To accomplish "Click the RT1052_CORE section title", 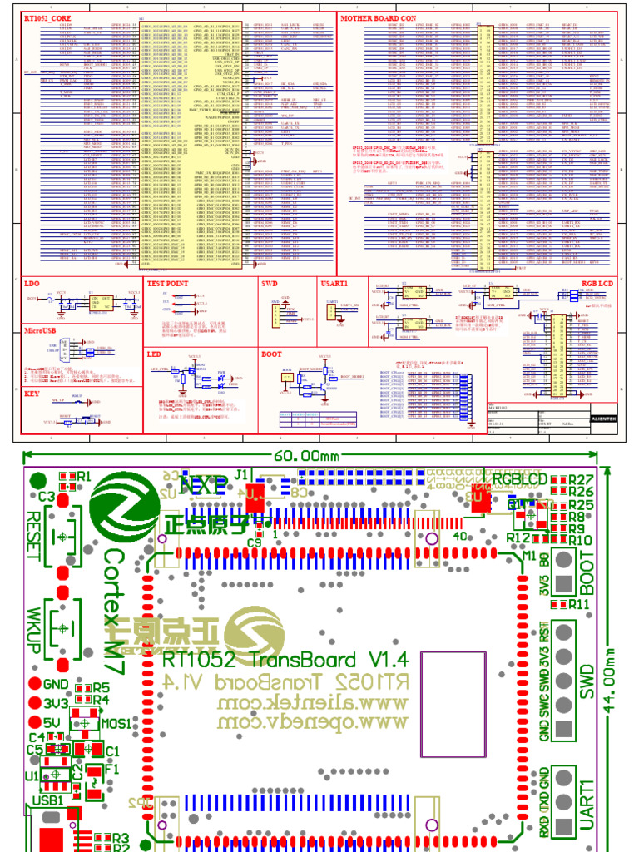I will [47, 17].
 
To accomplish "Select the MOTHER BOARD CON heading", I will [379, 17].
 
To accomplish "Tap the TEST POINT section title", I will [168, 283].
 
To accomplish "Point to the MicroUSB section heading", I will [41, 331].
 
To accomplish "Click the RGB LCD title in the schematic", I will [597, 283].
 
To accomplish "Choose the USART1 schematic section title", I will [334, 283].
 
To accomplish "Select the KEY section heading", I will [32, 394].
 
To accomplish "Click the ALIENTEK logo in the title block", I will [603, 419].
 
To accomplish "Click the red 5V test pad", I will [34, 722].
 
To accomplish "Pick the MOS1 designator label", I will [116, 724].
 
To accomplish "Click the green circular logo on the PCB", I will [123, 502].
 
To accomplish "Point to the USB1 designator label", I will [48, 800].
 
